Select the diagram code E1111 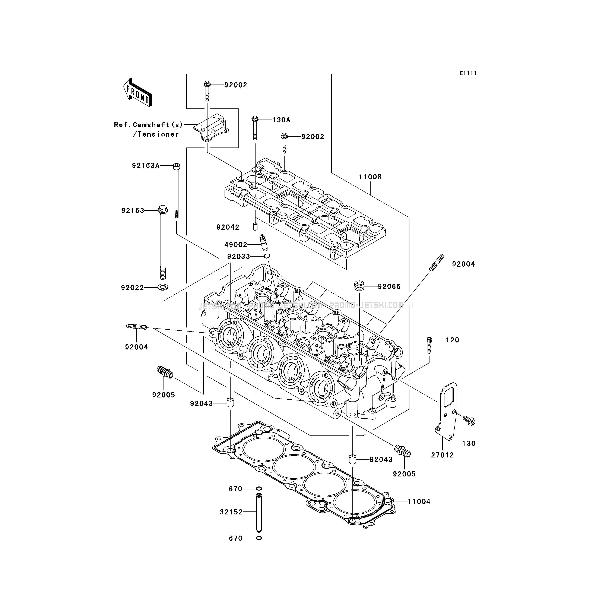(468, 73)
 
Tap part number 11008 (370, 177)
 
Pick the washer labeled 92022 (163, 288)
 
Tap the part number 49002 (236, 245)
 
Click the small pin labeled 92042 (255, 227)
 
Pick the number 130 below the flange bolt (469, 444)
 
